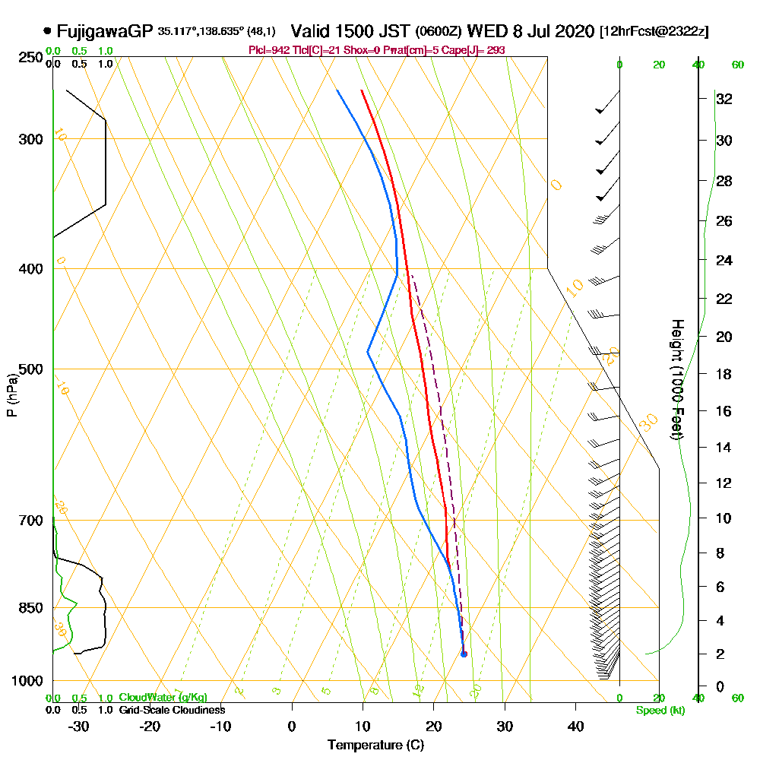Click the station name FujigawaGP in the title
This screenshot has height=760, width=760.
[106, 31]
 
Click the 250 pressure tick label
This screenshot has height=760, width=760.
[30, 57]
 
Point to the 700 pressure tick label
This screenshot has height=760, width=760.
[30, 521]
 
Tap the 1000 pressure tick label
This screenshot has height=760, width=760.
[27, 681]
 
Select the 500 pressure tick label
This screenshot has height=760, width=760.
[30, 369]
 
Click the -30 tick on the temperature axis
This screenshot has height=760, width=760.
[79, 726]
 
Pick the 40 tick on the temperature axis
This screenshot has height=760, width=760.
[575, 726]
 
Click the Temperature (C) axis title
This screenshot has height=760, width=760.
[375, 745]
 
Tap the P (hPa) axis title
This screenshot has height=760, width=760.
[11, 395]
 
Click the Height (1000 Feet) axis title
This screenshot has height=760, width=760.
[675, 379]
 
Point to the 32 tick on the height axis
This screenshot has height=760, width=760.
[724, 99]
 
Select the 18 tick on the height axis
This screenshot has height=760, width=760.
[724, 374]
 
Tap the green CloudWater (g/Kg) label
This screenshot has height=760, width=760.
[163, 698]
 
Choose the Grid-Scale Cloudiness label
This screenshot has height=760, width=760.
[171, 710]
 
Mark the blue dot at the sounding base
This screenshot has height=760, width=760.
[464, 654]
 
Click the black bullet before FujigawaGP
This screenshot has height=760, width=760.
[48, 31]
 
